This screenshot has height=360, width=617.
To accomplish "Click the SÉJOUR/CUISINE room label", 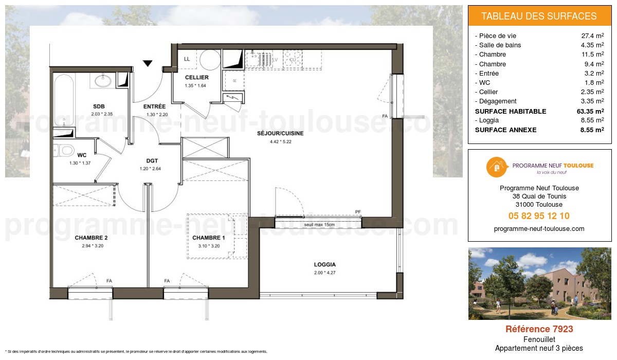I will (280, 133).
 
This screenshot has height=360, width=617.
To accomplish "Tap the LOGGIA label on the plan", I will (325, 265).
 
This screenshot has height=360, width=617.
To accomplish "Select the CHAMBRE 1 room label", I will (209, 238).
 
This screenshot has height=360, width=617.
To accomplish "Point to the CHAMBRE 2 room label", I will (91, 238).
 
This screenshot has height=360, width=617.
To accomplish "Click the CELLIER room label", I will (196, 78).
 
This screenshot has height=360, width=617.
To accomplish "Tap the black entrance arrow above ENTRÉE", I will (148, 64).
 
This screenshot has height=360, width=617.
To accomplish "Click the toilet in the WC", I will (64, 151).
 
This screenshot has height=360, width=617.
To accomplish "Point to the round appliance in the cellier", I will (210, 61).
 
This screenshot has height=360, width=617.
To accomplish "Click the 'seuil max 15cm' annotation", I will (319, 225).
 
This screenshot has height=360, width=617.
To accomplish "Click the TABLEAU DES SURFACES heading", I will (539, 16).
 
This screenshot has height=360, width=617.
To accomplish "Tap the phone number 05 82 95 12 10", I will (539, 216).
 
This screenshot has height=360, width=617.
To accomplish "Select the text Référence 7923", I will (539, 329).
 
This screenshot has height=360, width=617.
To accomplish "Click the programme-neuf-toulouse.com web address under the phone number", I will (539, 229).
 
